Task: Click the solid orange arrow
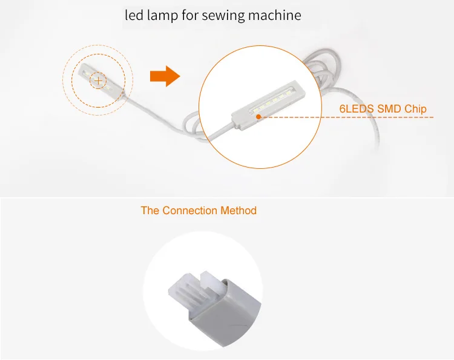165,77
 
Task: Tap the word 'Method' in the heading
237,211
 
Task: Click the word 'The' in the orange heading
150,211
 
